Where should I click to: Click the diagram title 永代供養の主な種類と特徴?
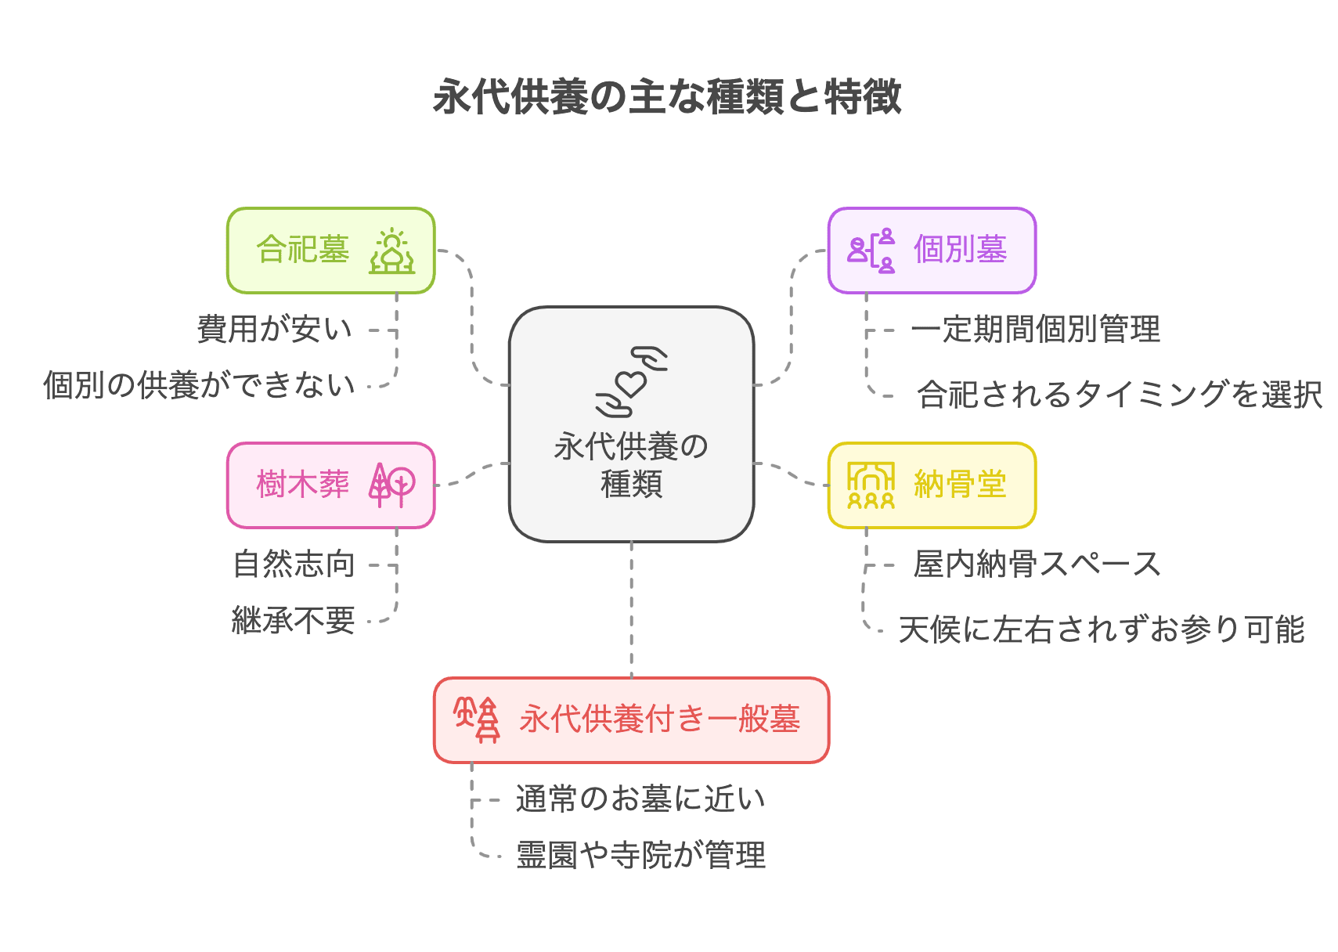point(667,97)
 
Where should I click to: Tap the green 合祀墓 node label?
point(302,251)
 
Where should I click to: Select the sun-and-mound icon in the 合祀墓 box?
point(392,251)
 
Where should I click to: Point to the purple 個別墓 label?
point(960,251)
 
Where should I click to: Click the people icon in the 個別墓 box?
point(871,251)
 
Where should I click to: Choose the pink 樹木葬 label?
point(302,485)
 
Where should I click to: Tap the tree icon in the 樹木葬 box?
point(391,485)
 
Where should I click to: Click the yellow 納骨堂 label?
point(960,485)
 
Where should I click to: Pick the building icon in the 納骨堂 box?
point(871,485)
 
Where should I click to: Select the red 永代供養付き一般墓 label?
point(659,719)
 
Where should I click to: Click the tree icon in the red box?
point(477,719)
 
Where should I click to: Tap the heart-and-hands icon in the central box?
point(631,381)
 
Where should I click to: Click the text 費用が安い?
point(275,330)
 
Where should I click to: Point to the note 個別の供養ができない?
point(199,385)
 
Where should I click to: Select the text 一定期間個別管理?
point(1035,330)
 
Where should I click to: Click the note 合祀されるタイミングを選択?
point(1120,395)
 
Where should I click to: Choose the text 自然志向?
point(294,564)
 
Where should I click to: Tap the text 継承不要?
point(294,621)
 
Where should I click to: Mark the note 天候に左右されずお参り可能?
point(1102,629)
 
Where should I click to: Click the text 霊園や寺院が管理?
point(640,855)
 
